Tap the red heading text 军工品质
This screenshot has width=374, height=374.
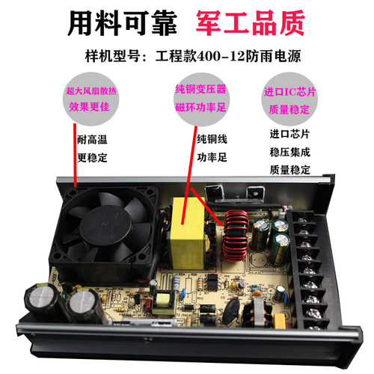click(x=252, y=24)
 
